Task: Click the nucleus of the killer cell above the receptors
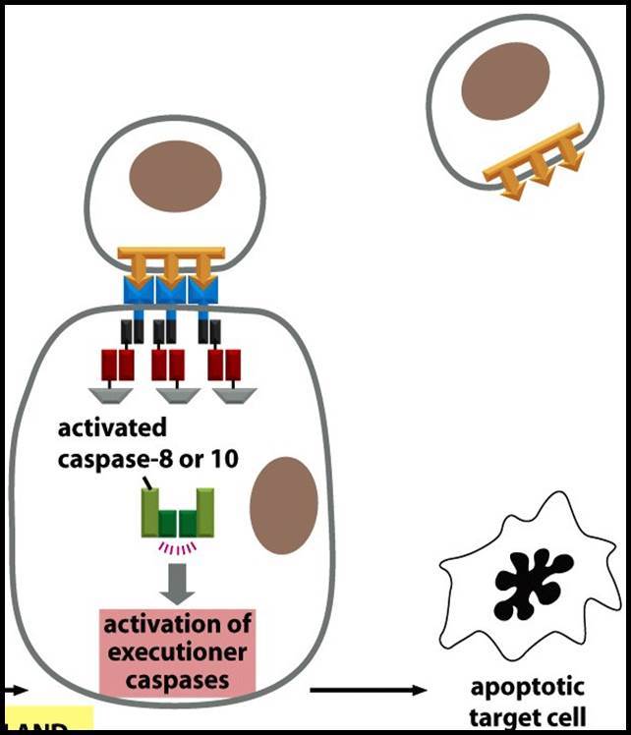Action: pyautogui.click(x=176, y=177)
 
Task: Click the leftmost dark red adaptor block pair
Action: pyautogui.click(x=119, y=365)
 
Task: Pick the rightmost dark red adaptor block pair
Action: pyautogui.click(x=223, y=365)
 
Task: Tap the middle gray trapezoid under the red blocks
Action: pyautogui.click(x=179, y=394)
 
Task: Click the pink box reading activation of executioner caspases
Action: pyautogui.click(x=178, y=650)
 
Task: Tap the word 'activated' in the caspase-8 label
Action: pyautogui.click(x=112, y=428)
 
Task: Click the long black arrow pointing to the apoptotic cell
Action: pyautogui.click(x=368, y=690)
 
